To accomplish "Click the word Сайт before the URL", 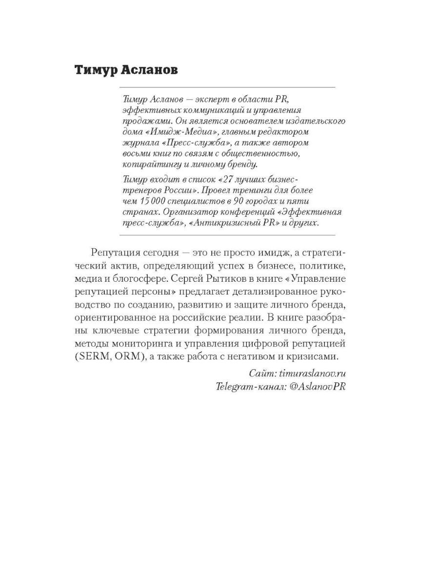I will pos(262,374).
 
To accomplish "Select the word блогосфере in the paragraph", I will pos(131,278).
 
